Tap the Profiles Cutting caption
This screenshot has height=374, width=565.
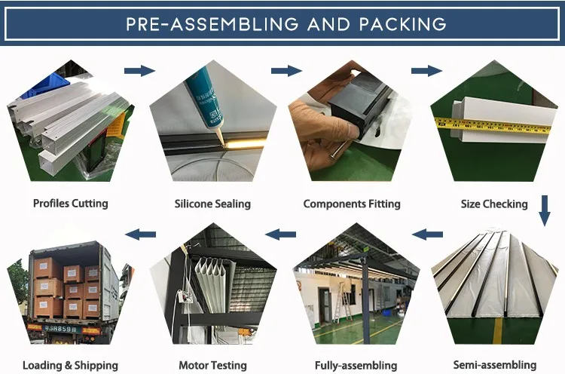pyautogui.click(x=71, y=203)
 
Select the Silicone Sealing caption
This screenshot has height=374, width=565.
pyautogui.click(x=212, y=204)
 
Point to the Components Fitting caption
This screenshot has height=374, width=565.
pyautogui.click(x=352, y=204)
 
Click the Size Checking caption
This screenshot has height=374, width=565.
pyautogui.click(x=494, y=204)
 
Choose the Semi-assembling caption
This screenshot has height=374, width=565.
pyautogui.click(x=495, y=365)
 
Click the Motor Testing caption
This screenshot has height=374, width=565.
pyautogui.click(x=214, y=365)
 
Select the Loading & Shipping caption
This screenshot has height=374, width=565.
pyautogui.click(x=70, y=365)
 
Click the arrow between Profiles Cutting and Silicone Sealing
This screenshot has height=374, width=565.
pyautogui.click(x=139, y=71)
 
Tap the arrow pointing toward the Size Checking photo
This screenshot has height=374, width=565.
pyautogui.click(x=426, y=71)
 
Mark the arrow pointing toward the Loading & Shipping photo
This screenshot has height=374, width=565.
pyautogui.click(x=139, y=235)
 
